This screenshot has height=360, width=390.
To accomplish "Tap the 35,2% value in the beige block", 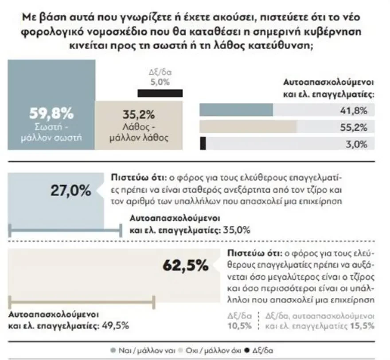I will pos(138,116).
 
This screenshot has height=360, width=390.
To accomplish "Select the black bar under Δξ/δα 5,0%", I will pos(160,93).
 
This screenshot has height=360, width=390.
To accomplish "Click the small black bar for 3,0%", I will pos(203,144).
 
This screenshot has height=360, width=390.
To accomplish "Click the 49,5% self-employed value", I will pos(115,325).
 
